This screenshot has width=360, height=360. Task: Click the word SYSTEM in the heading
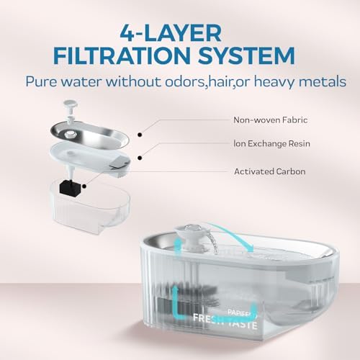click(x=246, y=55)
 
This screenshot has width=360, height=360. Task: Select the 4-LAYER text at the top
click(x=171, y=33)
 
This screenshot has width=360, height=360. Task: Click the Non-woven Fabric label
click(x=271, y=120)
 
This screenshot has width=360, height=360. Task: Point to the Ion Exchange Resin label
click(x=271, y=143)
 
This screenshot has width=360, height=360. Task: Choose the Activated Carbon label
click(x=270, y=171)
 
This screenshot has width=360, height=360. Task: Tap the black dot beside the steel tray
click(x=140, y=135)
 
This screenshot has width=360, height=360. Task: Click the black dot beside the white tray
click(x=140, y=158)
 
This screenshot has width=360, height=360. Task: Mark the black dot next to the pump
click(x=84, y=186)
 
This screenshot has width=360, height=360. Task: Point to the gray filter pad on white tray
click(x=118, y=163)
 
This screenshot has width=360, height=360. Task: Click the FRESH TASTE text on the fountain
click(x=225, y=322)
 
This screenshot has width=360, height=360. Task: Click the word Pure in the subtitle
click(x=41, y=82)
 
